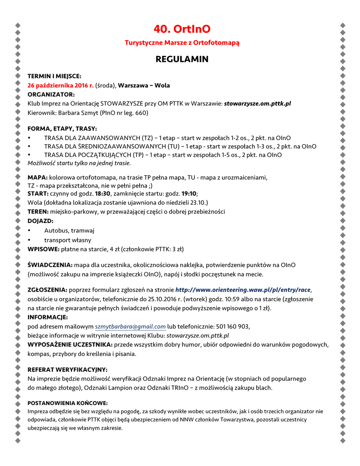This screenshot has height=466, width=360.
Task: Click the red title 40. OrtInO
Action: tap(182, 29)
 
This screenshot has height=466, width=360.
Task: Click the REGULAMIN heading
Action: tap(182, 59)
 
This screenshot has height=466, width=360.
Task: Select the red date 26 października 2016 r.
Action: tap(61, 85)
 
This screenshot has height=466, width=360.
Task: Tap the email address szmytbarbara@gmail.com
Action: tap(130, 326)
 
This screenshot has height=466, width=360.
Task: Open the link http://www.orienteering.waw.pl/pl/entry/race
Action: tap(243, 289)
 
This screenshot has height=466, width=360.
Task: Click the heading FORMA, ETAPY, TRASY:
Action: tap(62, 129)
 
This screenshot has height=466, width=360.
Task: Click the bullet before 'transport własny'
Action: tap(30, 240)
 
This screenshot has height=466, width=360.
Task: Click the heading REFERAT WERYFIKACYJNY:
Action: tap(67, 370)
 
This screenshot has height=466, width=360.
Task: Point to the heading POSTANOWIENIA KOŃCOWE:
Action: tap(68, 403)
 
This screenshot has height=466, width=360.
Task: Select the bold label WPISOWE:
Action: tap(44, 249)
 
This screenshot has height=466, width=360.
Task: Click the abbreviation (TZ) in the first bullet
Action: tap(147, 137)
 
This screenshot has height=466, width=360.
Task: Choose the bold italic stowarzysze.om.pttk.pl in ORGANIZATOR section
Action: tap(257, 103)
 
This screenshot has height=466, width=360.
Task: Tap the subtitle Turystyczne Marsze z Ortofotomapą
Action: tap(182, 43)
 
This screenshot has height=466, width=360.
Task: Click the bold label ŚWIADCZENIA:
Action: tap(50, 264)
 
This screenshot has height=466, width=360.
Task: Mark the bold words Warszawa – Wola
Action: tap(144, 85)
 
